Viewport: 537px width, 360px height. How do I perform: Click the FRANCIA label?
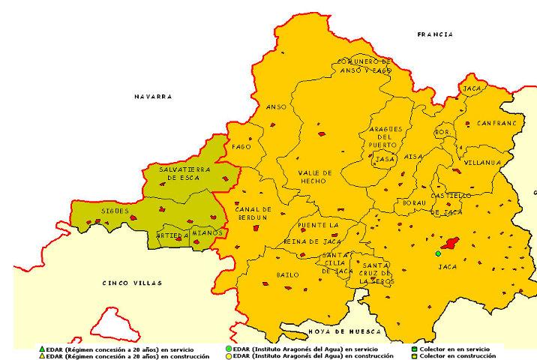tap(435, 34)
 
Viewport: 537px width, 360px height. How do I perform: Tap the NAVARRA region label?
tap(153, 97)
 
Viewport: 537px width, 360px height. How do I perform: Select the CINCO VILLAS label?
tap(125, 283)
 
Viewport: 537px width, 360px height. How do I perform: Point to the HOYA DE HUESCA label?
tap(344, 331)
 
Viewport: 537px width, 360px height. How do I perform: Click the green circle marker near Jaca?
tap(438, 253)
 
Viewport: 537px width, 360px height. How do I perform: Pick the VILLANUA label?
tap(483, 161)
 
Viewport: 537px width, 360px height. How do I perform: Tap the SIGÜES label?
tap(115, 211)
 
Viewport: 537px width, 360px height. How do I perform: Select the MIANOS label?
tap(207, 232)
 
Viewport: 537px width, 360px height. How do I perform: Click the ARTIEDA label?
tap(172, 235)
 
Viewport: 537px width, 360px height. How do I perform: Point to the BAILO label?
tap(277, 275)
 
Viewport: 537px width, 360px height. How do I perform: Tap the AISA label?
tap(413, 156)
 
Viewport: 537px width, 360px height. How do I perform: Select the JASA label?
tap(384, 159)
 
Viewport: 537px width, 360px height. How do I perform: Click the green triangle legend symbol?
tap(41, 349)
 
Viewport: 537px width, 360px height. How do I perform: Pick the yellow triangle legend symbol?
tap(41, 355)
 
